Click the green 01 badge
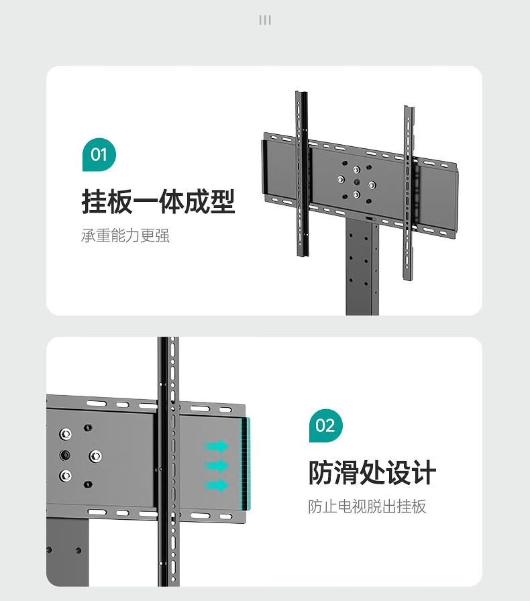(x=99, y=154)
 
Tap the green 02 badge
(x=326, y=425)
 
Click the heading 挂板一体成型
(x=158, y=201)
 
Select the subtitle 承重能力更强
(x=125, y=235)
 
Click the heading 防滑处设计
(x=372, y=472)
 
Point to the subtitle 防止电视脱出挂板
(x=368, y=506)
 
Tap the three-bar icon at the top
(x=265, y=20)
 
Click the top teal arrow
(x=217, y=446)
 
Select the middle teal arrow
(x=217, y=466)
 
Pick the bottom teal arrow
(x=217, y=486)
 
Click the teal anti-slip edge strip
(x=246, y=463)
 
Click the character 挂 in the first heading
(x=95, y=201)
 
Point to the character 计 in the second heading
(x=424, y=472)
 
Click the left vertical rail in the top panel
(x=302, y=174)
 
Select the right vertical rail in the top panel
(x=409, y=193)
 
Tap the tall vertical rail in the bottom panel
(x=168, y=461)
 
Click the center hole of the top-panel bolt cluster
(x=357, y=182)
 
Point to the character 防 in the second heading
(x=321, y=472)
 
